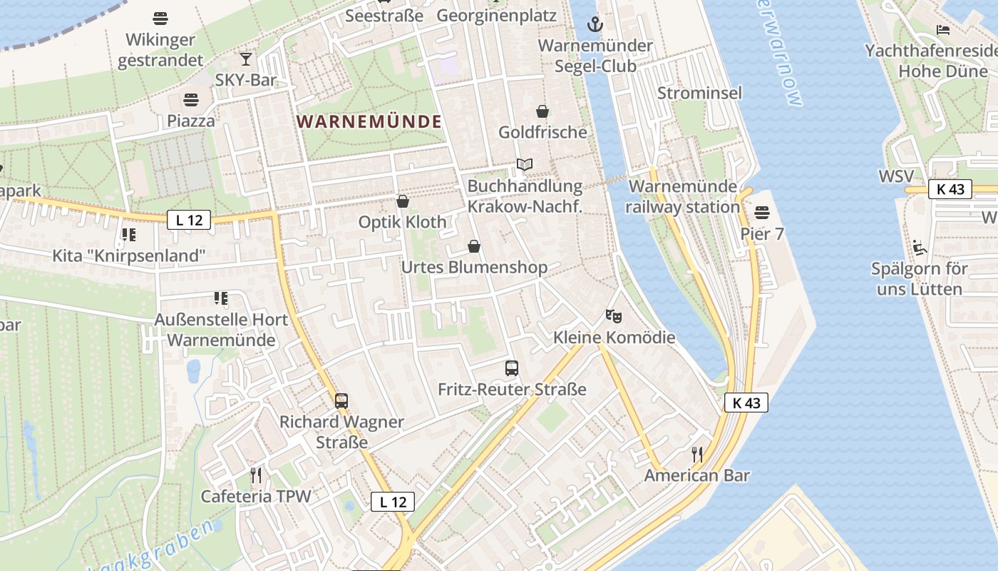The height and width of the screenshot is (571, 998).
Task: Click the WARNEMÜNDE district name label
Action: click(369, 121)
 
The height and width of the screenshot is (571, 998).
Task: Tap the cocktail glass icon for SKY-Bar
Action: click(246, 59)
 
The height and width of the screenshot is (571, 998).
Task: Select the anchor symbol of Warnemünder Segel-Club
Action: click(595, 25)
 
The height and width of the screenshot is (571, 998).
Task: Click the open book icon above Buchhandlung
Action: click(525, 165)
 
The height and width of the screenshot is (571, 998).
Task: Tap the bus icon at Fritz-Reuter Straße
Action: click(512, 368)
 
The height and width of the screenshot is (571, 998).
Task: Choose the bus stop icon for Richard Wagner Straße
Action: click(341, 401)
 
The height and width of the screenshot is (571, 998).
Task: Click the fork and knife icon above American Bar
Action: click(697, 454)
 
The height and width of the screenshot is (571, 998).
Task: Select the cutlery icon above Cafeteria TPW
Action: click(256, 475)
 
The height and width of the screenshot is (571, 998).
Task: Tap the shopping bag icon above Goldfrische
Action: click(542, 111)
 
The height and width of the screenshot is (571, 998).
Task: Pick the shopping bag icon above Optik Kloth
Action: click(403, 201)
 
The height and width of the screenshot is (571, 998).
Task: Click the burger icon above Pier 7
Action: click(762, 213)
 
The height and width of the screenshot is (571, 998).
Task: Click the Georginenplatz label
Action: click(496, 15)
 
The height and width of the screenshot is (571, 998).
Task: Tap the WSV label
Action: click(895, 176)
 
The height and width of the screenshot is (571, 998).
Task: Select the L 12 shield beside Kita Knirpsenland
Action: click(189, 220)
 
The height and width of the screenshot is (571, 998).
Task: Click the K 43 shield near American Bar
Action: click(746, 403)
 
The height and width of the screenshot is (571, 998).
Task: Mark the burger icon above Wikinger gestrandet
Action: click(160, 18)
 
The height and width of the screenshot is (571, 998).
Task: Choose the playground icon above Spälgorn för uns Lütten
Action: click(919, 248)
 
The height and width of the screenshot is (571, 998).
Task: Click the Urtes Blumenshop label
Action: click(475, 268)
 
